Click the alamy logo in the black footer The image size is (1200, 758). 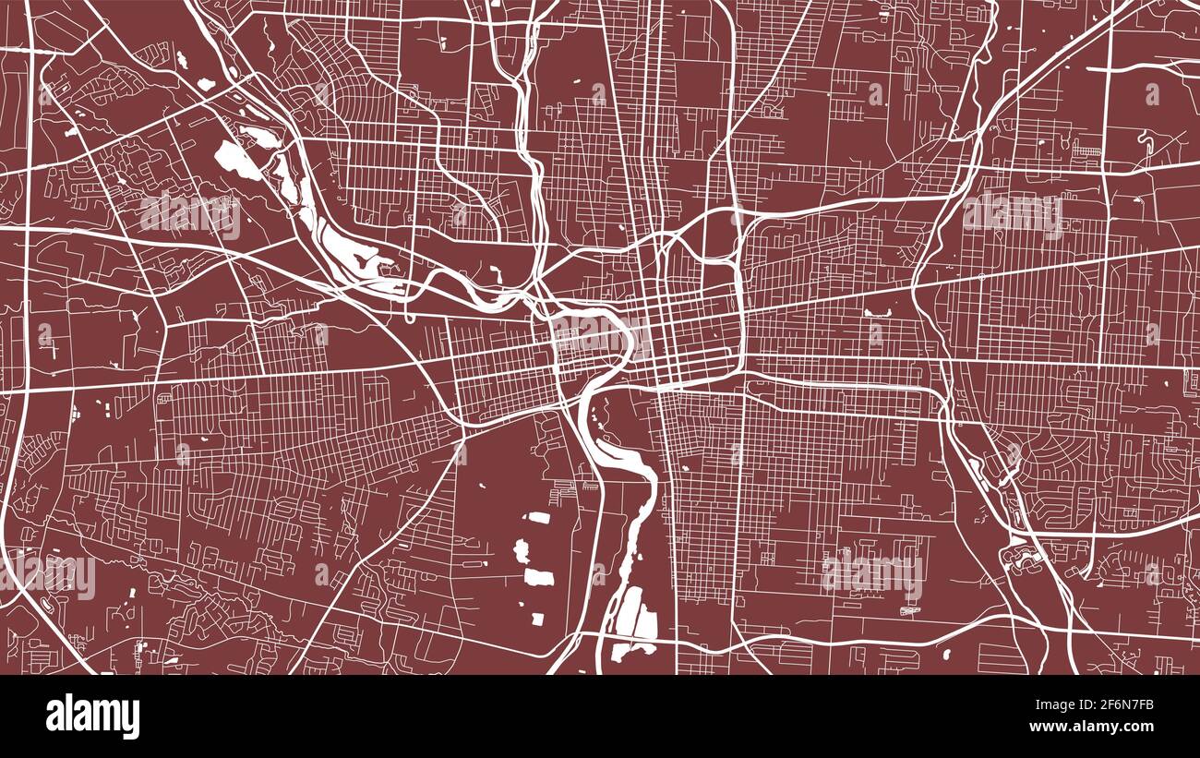(x=92, y=716)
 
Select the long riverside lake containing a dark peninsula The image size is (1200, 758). (x=346, y=249)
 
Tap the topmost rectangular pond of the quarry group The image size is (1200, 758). (x=539, y=517)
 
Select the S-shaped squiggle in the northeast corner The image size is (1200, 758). (x=1148, y=141)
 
